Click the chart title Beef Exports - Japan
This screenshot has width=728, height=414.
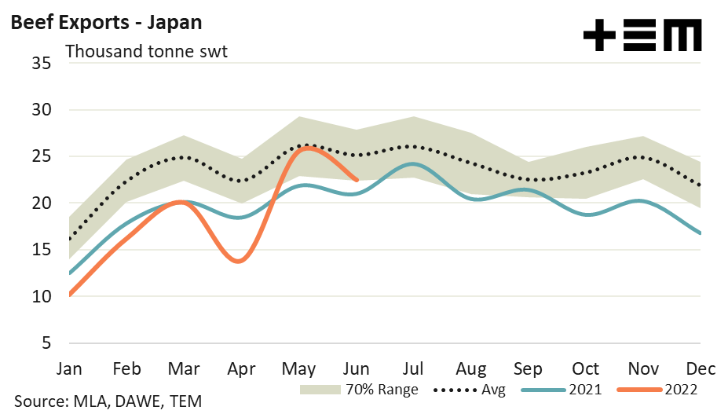click(x=106, y=22)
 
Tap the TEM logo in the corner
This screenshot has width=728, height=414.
click(x=642, y=36)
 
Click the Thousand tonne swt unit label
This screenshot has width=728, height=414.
click(x=146, y=52)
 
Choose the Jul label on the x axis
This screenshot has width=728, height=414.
click(x=414, y=368)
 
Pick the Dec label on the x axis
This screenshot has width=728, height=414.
click(x=699, y=368)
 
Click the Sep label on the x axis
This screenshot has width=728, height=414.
click(x=527, y=368)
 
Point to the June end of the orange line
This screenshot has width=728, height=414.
click(x=357, y=180)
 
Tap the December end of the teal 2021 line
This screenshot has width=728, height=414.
click(x=699, y=233)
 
